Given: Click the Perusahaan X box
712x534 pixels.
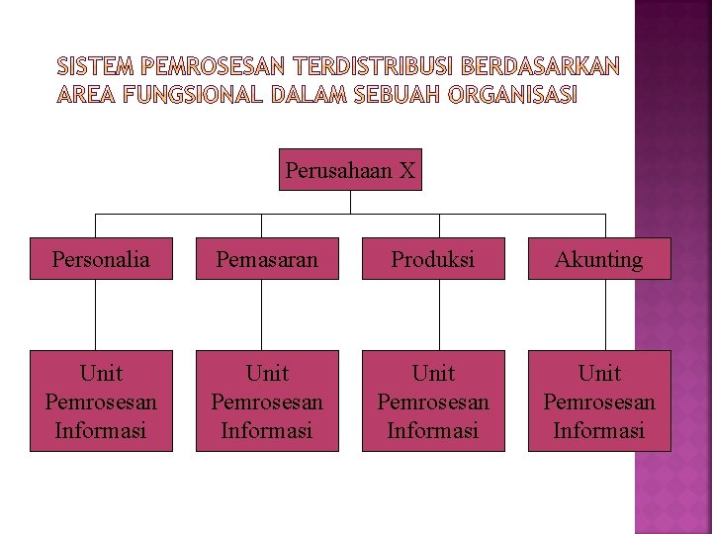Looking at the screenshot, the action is (x=350, y=170).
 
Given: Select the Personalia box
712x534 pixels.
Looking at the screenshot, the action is (x=101, y=259).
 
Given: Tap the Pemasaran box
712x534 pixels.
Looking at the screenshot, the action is (x=267, y=259).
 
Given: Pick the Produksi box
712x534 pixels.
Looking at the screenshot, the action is (x=433, y=259).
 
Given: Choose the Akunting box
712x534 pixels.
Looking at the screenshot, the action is (x=599, y=259).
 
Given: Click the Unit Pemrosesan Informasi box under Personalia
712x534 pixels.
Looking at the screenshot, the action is (x=101, y=400).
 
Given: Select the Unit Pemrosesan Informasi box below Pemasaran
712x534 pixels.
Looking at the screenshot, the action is (x=267, y=400).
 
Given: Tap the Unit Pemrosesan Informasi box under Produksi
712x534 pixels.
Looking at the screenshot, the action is (x=433, y=400).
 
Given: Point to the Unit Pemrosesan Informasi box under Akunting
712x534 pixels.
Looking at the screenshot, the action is (x=599, y=400).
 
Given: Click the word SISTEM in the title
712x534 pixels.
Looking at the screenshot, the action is (x=97, y=67).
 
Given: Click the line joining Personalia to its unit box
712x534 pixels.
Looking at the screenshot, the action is (x=96, y=314).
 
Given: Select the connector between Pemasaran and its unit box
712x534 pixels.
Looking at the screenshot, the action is (x=262, y=314).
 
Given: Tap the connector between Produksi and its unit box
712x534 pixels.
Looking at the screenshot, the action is (x=439, y=314).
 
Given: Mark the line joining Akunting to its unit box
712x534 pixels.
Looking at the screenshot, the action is (x=605, y=314).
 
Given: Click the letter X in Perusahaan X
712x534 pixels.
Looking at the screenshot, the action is (x=407, y=170).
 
